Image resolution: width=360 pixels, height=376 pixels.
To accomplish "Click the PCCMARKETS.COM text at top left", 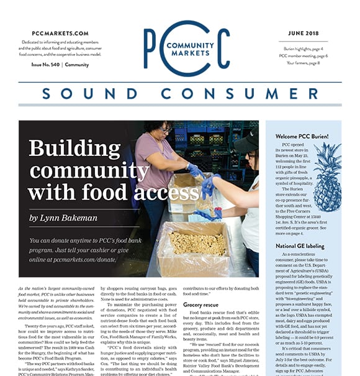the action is pos(60,33).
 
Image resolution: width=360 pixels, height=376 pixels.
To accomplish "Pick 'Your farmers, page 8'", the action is pos(306,62).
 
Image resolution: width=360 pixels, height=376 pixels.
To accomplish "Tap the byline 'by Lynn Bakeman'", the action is pos(63,218).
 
